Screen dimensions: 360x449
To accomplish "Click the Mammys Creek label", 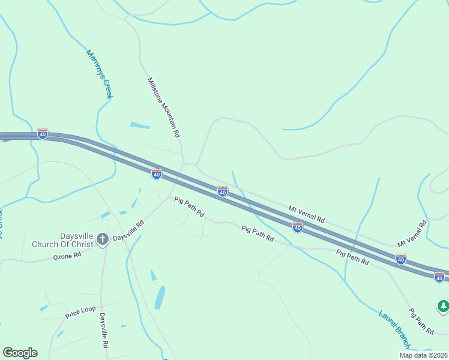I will click(x=100, y=74).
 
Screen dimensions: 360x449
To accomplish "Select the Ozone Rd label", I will click(x=67, y=256).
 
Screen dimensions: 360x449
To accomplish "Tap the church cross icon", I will click(x=103, y=240).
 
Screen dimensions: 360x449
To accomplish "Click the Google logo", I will click(x=20, y=353).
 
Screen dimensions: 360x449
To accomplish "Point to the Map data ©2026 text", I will click(x=423, y=355).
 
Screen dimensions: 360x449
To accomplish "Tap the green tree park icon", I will click(x=443, y=306).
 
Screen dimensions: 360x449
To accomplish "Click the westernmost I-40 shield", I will click(x=42, y=134).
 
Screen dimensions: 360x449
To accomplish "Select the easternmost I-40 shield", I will click(x=439, y=277).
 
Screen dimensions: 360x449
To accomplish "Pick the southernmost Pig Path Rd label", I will click(x=421, y=322).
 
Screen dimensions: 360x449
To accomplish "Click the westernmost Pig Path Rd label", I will click(x=189, y=207).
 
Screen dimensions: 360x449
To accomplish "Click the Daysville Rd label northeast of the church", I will click(x=129, y=230).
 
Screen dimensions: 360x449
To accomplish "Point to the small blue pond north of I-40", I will click(x=140, y=125).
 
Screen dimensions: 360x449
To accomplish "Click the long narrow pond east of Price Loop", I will click(x=160, y=297).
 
